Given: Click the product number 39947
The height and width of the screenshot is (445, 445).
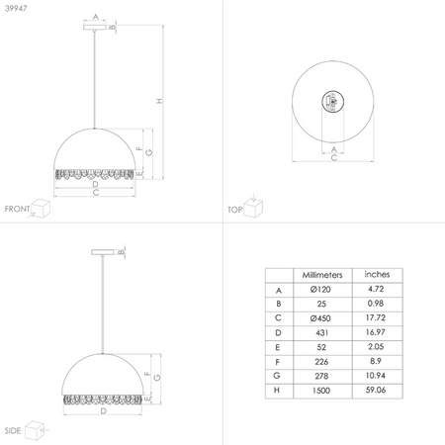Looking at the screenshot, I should click(17, 8).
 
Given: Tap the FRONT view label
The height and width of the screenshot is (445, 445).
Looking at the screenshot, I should click(17, 209).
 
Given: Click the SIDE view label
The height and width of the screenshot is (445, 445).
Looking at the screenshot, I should click(13, 431).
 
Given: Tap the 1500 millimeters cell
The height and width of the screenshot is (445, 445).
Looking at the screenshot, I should click(319, 391).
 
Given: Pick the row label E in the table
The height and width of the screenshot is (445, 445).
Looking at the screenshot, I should click(278, 348).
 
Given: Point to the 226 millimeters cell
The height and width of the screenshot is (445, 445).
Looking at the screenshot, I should click(319, 363).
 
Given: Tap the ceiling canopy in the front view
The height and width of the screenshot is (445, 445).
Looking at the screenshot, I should click(95, 29).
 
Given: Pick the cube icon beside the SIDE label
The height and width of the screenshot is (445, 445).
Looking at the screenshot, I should click(36, 429).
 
